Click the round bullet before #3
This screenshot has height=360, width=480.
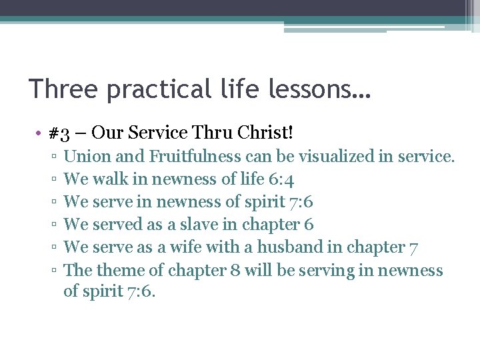click(x=41, y=133)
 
